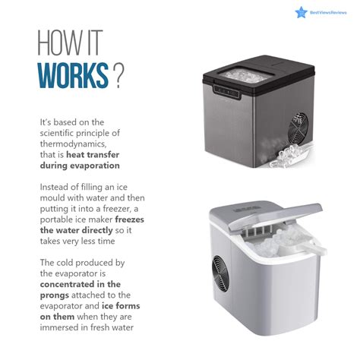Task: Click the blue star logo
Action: tap(301, 12)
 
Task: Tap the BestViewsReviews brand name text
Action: tap(328, 13)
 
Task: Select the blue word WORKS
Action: tap(73, 75)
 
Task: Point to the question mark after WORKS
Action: tap(118, 76)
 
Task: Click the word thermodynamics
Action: tap(73, 144)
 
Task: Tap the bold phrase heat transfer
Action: tap(93, 154)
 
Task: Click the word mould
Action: tap(52, 197)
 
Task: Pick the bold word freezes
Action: tap(129, 219)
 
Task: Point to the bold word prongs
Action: tap(55, 295)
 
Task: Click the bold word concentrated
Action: tap(68, 284)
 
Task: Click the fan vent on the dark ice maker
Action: tap(298, 129)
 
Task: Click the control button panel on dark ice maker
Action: tap(227, 92)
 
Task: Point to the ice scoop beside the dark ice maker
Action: tap(291, 156)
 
